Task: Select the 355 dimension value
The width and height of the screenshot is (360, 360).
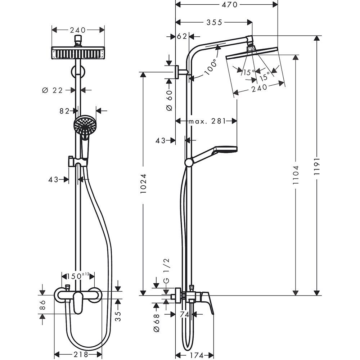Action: coord(214,22)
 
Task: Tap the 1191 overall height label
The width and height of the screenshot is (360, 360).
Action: coord(317,167)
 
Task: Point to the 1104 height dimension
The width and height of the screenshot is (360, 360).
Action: coord(296,175)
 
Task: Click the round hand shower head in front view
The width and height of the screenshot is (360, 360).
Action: coord(85,125)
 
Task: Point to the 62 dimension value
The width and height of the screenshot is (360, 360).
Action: coord(183,36)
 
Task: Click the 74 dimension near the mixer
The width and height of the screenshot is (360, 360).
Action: coord(184,314)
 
